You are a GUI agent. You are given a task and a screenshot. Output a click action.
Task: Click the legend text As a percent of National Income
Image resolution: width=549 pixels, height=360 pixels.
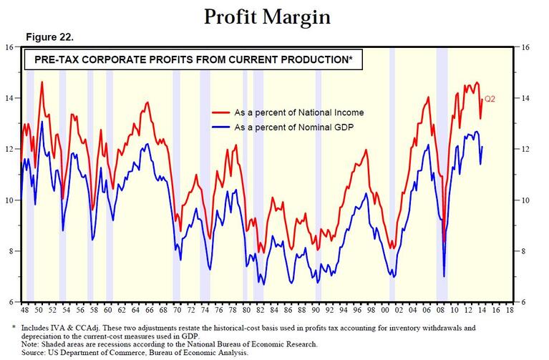point(299,113)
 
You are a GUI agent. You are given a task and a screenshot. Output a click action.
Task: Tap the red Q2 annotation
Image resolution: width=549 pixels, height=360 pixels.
point(490,99)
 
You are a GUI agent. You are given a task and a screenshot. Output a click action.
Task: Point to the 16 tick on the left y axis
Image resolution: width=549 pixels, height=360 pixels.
point(10,47)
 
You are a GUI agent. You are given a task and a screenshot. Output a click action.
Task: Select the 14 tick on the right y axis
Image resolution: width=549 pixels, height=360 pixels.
point(526,98)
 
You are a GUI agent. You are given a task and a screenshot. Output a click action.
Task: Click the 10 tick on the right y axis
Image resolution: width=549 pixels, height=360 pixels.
point(526,200)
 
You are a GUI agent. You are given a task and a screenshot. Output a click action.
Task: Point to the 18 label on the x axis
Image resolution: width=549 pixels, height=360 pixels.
point(511,312)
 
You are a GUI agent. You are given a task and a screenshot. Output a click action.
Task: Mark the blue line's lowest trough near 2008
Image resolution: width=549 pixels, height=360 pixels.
point(444,276)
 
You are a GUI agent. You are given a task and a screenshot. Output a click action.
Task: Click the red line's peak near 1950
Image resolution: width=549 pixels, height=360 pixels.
point(42,82)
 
